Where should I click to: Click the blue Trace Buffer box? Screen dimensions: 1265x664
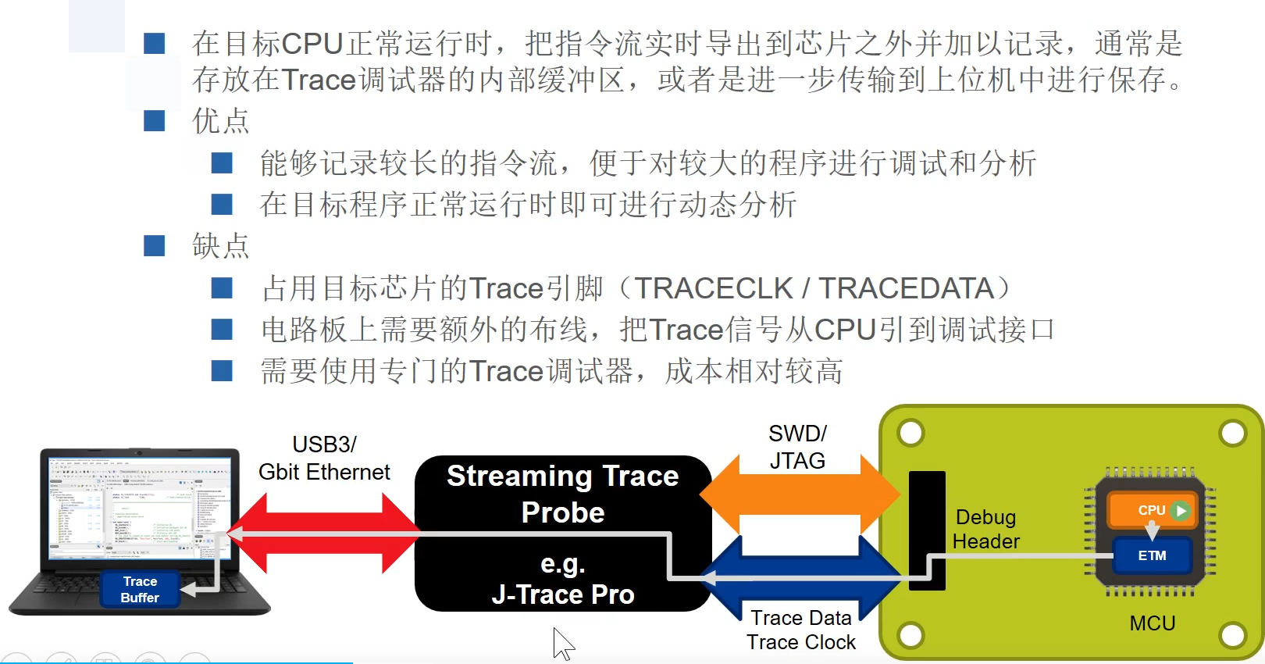pos(140,590)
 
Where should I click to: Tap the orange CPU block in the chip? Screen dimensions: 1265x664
pos(1152,510)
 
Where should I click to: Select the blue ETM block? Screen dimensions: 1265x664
pos(1152,555)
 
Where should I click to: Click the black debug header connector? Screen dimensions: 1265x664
pos(927,530)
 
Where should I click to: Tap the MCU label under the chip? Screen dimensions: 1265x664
pos(1152,623)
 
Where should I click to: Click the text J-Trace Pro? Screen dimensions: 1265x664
pos(563,594)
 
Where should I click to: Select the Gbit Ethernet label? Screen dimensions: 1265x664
pos(324,472)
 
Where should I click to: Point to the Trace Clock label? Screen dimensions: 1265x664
pos(801,642)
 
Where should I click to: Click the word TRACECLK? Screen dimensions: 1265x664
pos(714,288)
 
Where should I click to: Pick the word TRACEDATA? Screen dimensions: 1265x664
pos(907,288)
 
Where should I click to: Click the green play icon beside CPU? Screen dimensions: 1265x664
pos(1181,510)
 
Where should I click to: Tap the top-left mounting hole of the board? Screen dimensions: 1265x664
pos(910,434)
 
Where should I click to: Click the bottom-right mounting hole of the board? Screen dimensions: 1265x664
pos(1233,634)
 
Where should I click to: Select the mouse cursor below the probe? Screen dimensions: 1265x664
pos(563,644)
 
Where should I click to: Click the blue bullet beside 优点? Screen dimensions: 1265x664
pos(154,121)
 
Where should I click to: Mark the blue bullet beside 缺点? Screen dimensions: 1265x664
pos(154,246)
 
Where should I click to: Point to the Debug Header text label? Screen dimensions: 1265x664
pos(986,529)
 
